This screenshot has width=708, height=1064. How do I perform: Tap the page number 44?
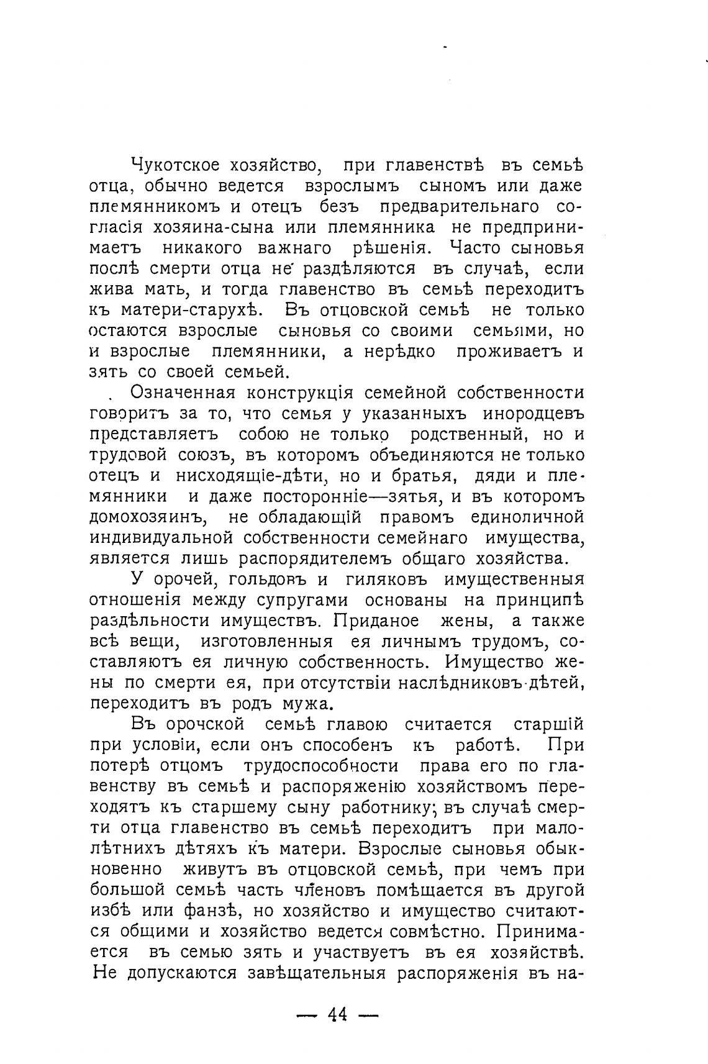coord(338,1015)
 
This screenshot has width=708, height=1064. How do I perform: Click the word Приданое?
coord(375,621)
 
